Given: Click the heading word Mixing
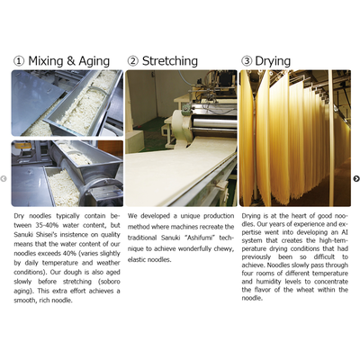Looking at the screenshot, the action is click(46, 61).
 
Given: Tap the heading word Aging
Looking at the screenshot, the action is click(94, 61).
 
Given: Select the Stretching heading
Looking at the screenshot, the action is click(170, 61).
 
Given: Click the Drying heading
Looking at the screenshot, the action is click(273, 61).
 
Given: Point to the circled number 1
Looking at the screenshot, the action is click(19, 61).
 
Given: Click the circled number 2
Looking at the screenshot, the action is click(133, 61).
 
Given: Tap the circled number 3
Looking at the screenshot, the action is click(247, 61).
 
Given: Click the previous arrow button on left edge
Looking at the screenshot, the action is click(4, 179).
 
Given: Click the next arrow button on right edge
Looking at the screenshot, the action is click(356, 179).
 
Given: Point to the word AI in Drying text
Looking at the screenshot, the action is click(345, 232).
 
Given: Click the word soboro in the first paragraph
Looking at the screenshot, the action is click(112, 282).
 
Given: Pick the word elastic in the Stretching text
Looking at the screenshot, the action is click(136, 259).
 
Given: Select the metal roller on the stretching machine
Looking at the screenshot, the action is click(213, 123).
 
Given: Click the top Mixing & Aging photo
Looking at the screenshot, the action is click(67, 103).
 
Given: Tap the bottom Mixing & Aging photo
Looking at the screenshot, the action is click(67, 174).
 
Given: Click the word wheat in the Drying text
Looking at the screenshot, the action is click(306, 290).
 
